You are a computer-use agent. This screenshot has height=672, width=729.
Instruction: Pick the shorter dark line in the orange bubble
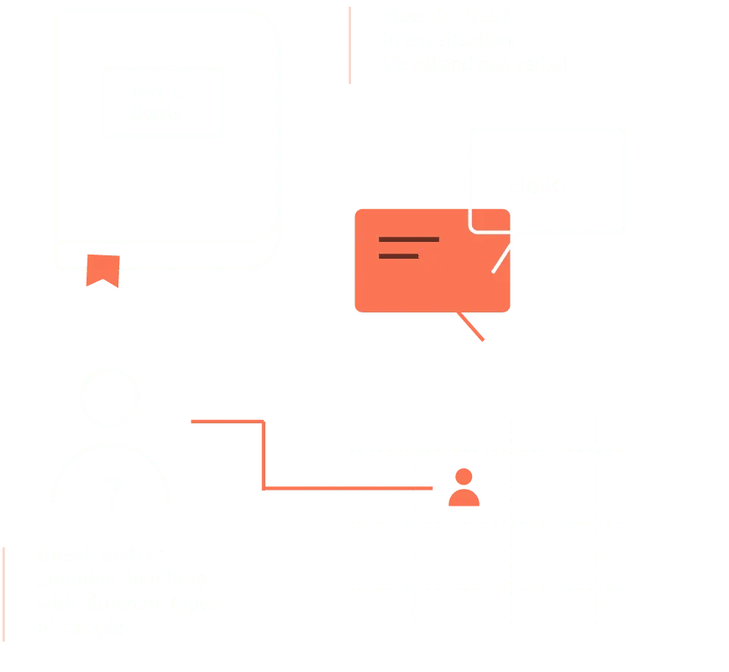coord(398,255)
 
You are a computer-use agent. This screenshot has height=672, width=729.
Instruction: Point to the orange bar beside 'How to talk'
coord(349,45)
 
